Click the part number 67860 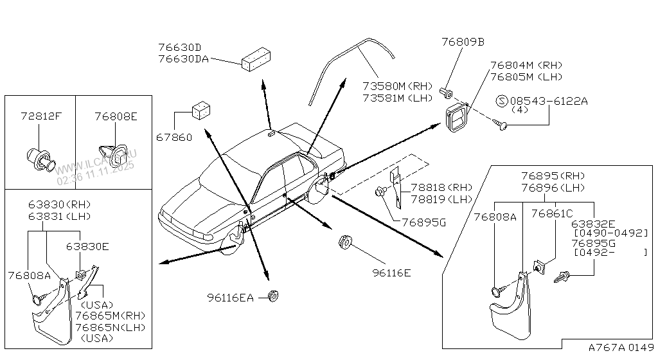click(174, 137)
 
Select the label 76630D click(179, 48)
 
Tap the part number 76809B click(463, 42)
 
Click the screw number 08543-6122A click(549, 102)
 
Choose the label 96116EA click(231, 297)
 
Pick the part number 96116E click(391, 273)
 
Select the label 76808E click(116, 116)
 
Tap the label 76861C click(552, 213)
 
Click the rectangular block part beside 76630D click(255, 59)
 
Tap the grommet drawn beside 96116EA click(272, 296)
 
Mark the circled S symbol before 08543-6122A click(503, 101)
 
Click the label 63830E click(87, 246)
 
